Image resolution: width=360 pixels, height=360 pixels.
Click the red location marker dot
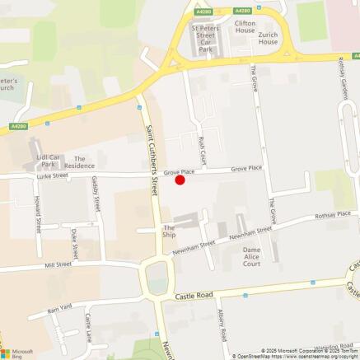click(x=180, y=180)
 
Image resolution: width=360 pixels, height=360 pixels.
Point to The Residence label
click(x=80, y=162)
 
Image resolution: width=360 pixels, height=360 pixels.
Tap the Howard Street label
click(x=38, y=213)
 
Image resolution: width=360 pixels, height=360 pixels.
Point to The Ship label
click(x=169, y=232)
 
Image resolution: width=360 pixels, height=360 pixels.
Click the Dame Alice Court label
click(x=251, y=257)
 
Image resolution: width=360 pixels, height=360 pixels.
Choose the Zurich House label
click(x=268, y=38)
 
